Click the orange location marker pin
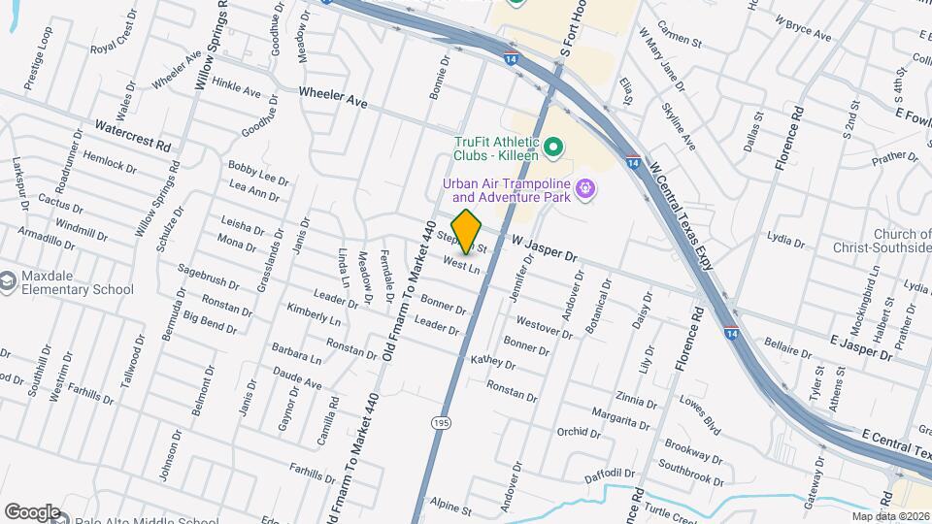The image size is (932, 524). tap(467, 231)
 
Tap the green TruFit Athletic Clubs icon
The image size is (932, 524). tap(554, 147)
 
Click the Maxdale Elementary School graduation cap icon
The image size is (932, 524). tap(8, 281)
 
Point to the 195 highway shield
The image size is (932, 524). tap(442, 422)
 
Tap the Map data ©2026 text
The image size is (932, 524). tap(891, 516)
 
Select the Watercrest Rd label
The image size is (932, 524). tap(133, 134)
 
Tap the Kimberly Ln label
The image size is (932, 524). tap(314, 313)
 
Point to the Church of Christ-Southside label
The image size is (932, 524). tap(886, 241)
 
